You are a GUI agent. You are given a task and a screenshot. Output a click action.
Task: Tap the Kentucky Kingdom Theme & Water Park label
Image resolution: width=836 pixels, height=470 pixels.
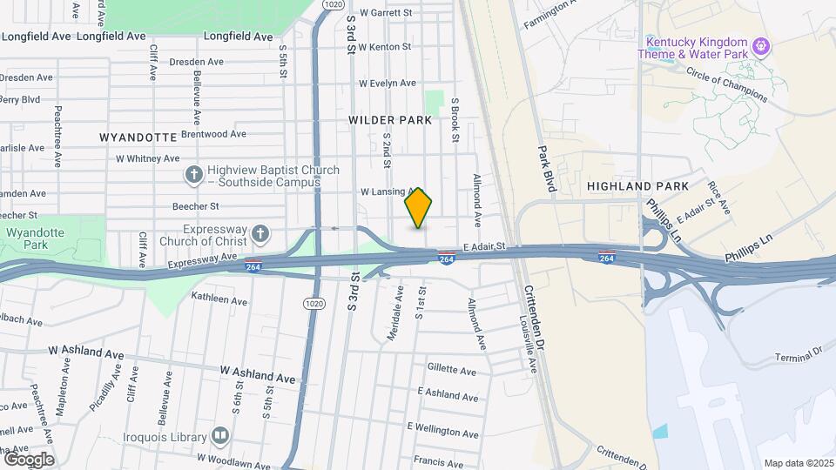click(x=697, y=48)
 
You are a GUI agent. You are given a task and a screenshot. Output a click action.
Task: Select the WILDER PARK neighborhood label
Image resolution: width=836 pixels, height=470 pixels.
click(x=390, y=119)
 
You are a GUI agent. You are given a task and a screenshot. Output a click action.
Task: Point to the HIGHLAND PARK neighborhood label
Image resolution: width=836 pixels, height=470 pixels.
click(x=637, y=186)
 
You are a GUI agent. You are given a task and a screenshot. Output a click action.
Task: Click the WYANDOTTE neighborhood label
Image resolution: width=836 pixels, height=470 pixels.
click(x=138, y=138)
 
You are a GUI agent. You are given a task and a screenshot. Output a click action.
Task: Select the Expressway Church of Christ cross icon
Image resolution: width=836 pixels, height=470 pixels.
click(x=260, y=233)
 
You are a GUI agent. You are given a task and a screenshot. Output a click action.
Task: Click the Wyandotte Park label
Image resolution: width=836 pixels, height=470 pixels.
click(x=35, y=239)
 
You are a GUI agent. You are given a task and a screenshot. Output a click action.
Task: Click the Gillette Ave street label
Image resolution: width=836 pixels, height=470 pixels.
click(x=452, y=371)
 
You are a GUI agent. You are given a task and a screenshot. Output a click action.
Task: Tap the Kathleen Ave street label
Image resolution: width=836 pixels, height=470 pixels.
click(x=220, y=299)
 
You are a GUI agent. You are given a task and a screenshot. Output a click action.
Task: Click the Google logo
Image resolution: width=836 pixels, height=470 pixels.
click(x=28, y=459)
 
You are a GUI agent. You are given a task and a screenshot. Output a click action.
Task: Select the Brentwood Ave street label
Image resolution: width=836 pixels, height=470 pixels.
click(x=214, y=134)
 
